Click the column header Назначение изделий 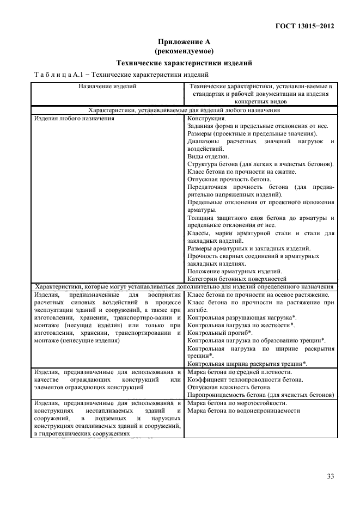point(107,86)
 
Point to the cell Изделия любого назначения point(74,118)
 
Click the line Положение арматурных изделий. point(234,271)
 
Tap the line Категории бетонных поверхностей point(237,279)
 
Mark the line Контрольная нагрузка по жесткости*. point(241,324)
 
